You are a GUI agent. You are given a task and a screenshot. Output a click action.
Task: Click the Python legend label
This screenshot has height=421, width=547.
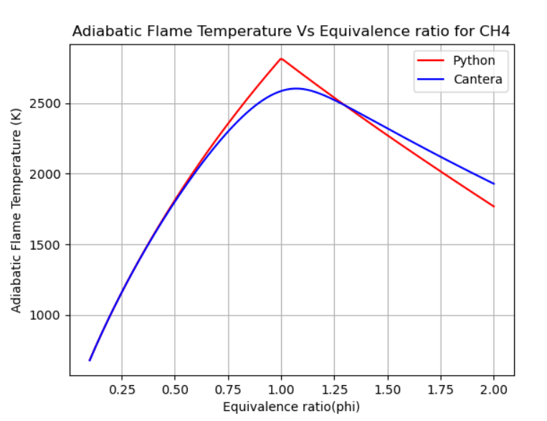point(474,60)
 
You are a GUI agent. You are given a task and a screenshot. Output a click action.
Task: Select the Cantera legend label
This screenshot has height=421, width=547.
point(478,79)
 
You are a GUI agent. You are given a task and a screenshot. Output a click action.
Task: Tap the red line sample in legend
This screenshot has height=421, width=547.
point(432,60)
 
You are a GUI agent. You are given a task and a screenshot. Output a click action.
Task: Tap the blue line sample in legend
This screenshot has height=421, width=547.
point(432,79)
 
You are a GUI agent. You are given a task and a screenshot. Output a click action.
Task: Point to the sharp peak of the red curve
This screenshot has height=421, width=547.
point(281,58)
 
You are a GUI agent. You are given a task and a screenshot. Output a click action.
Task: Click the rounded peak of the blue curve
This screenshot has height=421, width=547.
point(295,88)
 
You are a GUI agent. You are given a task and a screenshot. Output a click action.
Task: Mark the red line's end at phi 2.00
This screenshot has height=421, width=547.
point(494,207)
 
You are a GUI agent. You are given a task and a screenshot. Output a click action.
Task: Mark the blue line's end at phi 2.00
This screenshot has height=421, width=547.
point(494,184)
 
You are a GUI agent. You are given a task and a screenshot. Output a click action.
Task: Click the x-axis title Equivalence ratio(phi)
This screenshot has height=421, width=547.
point(291,407)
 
